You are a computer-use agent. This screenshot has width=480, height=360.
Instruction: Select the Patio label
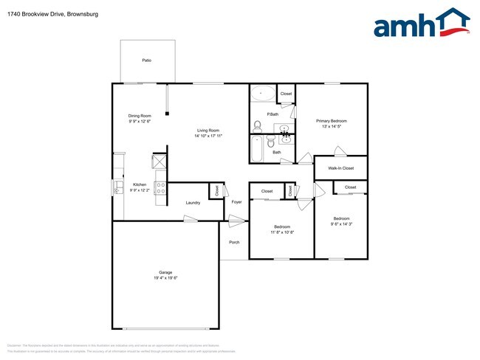click(147, 60)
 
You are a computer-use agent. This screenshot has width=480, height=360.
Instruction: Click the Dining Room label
click(140, 116)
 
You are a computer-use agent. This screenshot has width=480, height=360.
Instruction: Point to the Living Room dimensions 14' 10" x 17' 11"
click(209, 136)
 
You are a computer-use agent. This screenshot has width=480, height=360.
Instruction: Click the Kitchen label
click(140, 184)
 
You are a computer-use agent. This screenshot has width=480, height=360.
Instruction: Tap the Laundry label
click(193, 203)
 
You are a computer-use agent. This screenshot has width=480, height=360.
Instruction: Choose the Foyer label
click(236, 201)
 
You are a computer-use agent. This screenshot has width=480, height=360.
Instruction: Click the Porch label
click(234, 242)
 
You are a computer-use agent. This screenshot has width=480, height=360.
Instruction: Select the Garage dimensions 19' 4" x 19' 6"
click(166, 278)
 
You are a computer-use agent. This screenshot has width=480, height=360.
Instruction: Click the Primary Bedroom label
click(332, 120)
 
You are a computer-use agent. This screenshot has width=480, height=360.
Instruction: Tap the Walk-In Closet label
click(340, 168)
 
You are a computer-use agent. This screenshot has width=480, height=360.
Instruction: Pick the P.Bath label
click(272, 114)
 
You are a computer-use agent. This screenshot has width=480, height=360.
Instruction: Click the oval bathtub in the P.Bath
click(262, 94)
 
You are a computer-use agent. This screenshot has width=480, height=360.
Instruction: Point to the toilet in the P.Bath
click(258, 125)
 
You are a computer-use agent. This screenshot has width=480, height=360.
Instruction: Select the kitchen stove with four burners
click(160, 187)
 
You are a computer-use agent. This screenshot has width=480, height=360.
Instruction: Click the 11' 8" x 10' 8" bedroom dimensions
click(281, 232)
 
